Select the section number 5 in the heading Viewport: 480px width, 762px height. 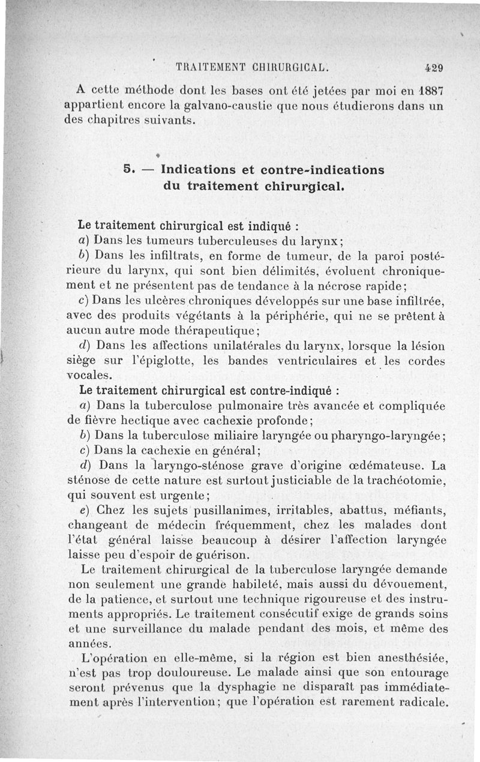(x=127, y=169)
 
